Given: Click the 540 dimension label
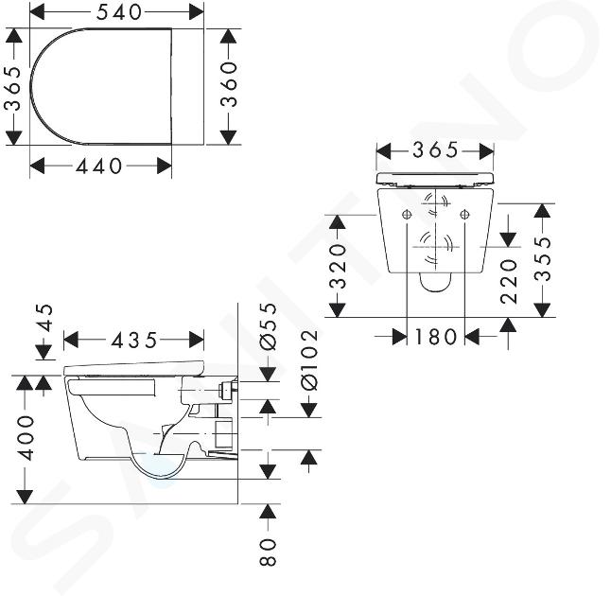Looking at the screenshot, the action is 119,13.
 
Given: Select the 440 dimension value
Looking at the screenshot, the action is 99,167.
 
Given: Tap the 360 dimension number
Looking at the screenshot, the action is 229,84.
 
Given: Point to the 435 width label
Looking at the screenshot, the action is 134,341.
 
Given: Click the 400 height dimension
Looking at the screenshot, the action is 26,438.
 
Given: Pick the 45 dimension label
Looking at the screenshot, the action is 44,318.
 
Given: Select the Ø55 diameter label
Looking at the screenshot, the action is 268,326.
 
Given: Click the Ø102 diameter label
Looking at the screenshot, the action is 310,360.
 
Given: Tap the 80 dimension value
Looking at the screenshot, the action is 268,552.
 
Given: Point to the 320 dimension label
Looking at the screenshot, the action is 338,266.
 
